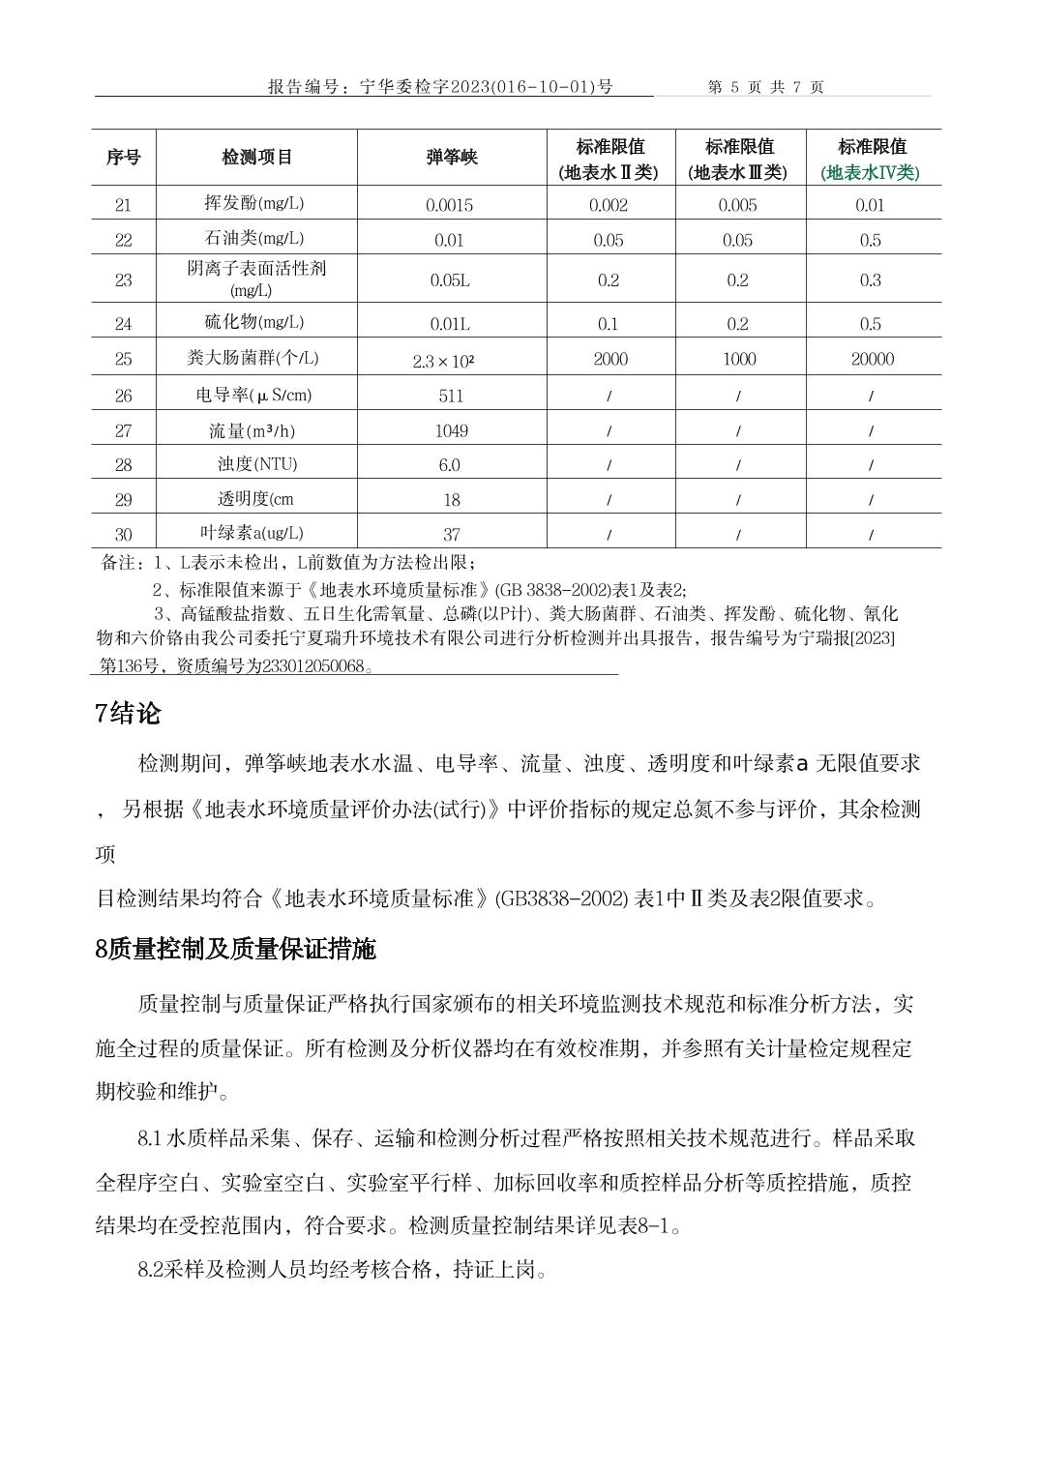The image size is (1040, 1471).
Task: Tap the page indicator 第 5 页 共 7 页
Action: click(765, 87)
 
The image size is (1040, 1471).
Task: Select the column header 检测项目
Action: click(256, 157)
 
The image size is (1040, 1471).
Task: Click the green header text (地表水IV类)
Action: click(871, 173)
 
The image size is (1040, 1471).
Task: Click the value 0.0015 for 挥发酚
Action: click(450, 205)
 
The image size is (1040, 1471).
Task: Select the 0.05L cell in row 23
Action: click(450, 280)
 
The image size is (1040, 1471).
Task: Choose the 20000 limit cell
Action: click(872, 359)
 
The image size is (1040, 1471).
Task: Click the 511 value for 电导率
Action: click(451, 396)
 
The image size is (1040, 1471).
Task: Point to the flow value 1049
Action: click(451, 430)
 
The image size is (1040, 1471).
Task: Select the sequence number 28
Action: click(123, 465)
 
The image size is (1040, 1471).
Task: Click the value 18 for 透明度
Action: click(451, 500)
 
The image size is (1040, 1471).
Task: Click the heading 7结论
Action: click(128, 714)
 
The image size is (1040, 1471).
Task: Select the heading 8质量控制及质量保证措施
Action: click(235, 949)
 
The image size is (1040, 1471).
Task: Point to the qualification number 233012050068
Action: click(316, 666)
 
